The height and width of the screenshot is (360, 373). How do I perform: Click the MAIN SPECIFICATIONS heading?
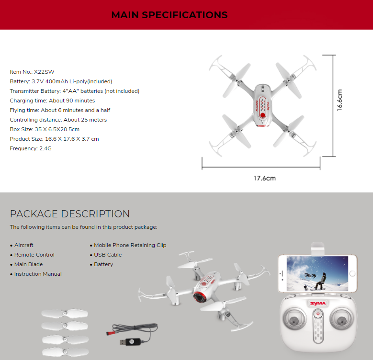pos(169,15)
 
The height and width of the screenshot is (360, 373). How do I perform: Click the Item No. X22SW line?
pos(32,72)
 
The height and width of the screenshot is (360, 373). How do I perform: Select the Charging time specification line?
pos(52,101)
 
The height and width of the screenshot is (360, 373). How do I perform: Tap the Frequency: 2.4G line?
pos(30,148)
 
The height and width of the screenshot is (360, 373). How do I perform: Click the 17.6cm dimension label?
pos(264,178)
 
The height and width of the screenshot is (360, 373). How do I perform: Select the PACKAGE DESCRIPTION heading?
pos(70,214)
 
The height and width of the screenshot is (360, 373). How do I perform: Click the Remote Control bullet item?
pos(34,255)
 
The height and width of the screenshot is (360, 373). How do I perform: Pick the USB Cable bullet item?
pos(108,255)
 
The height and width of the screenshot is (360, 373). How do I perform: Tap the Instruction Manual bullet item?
pos(38,274)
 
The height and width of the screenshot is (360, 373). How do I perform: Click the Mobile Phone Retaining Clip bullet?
pos(130,245)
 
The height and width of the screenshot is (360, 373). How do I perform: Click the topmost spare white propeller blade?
pos(65,314)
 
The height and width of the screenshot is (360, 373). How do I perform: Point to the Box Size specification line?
pos(45,129)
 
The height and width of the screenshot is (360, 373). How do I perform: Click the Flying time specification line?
pos(60,110)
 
